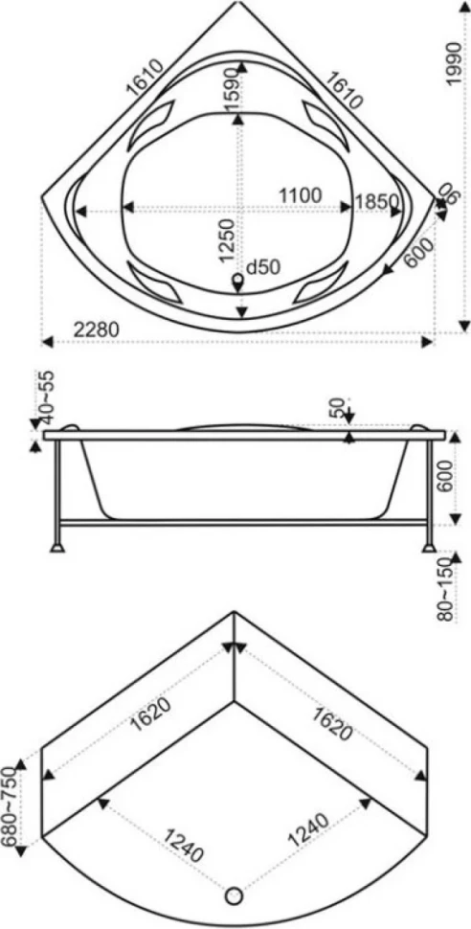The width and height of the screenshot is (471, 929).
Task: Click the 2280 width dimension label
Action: [97, 329]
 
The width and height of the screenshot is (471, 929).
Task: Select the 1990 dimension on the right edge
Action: [453, 63]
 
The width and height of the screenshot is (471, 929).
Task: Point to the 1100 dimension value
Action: [301, 195]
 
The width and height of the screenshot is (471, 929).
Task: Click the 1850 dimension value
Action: [376, 201]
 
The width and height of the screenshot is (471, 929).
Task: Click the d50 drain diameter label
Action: [262, 268]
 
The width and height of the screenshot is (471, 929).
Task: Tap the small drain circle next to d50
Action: [238, 278]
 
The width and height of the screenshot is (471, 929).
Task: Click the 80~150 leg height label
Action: [446, 590]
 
